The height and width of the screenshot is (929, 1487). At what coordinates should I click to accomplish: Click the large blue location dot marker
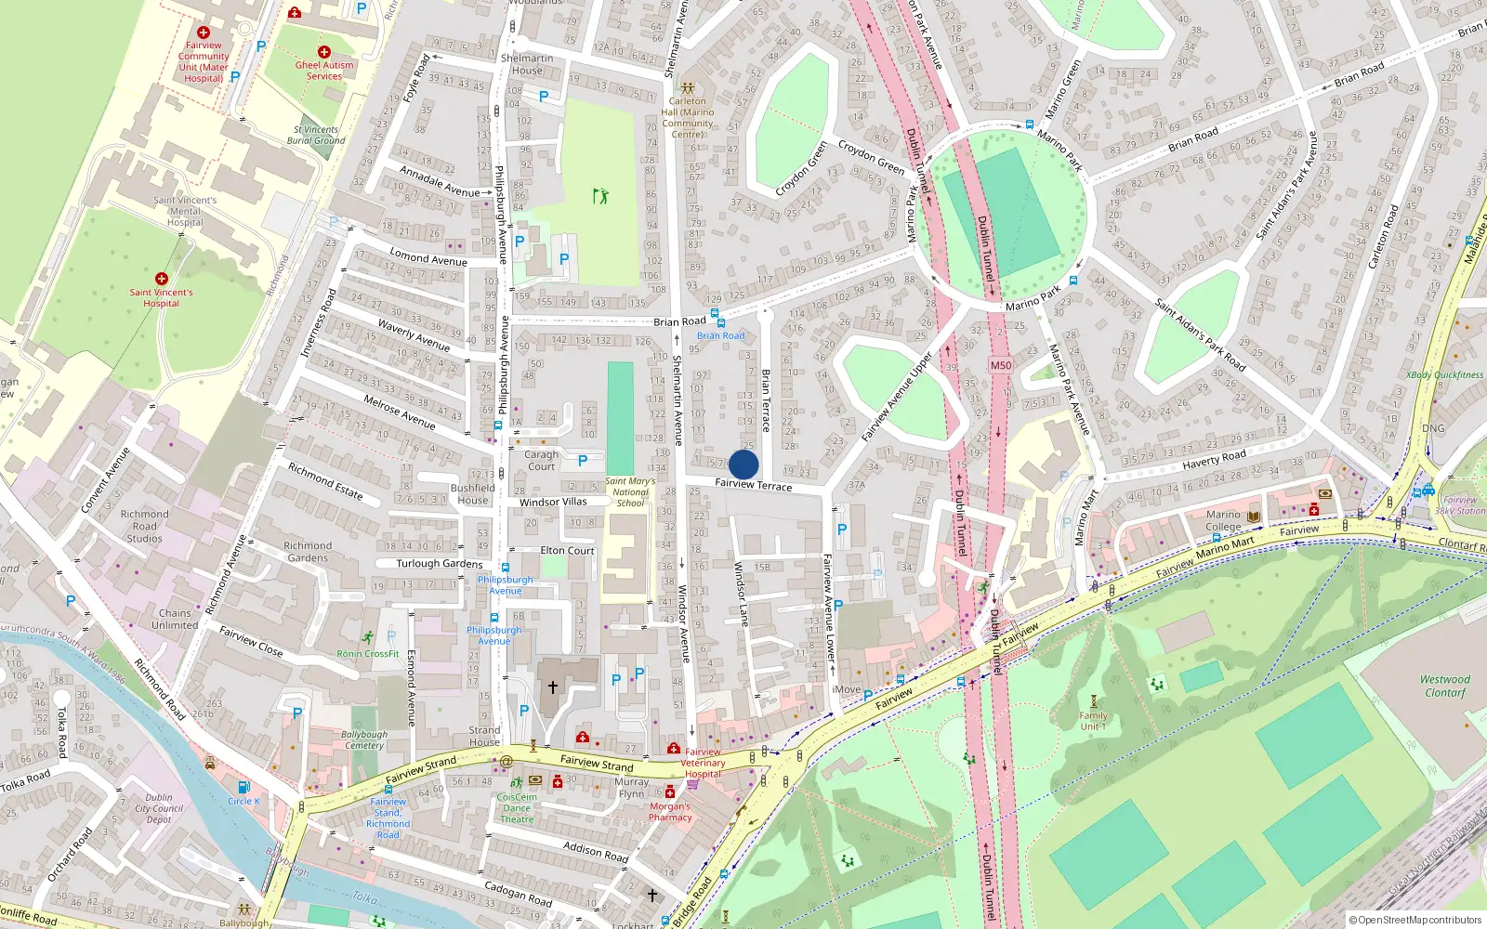(743, 464)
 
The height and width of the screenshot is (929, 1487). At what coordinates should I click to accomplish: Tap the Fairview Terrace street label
(753, 485)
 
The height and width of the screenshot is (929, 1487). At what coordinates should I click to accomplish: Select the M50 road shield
(1000, 365)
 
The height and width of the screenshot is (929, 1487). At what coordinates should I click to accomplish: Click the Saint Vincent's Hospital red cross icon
(162, 279)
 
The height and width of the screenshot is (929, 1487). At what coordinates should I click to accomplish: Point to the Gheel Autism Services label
(324, 71)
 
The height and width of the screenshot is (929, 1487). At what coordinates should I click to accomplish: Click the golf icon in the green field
(600, 196)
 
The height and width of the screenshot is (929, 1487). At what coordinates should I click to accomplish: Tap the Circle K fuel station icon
(243, 787)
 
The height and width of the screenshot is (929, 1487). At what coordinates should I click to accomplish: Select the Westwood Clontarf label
(1445, 686)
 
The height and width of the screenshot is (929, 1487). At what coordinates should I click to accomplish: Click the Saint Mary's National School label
(630, 492)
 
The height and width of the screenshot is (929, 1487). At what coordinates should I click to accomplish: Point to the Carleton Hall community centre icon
(688, 88)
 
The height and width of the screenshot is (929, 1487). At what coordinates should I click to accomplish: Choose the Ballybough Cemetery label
(364, 739)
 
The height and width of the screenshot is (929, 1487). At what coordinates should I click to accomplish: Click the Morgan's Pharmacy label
(670, 812)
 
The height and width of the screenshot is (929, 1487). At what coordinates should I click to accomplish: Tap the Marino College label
(1223, 520)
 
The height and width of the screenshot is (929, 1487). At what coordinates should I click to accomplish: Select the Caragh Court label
(541, 461)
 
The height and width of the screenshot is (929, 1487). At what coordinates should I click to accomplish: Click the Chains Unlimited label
(175, 619)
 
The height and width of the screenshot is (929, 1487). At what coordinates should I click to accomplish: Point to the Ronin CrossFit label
(368, 654)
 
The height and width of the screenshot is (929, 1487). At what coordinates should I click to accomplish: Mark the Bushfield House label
(473, 493)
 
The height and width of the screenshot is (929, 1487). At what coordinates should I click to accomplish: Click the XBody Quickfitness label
(1444, 375)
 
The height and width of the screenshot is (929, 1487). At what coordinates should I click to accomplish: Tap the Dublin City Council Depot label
(159, 808)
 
